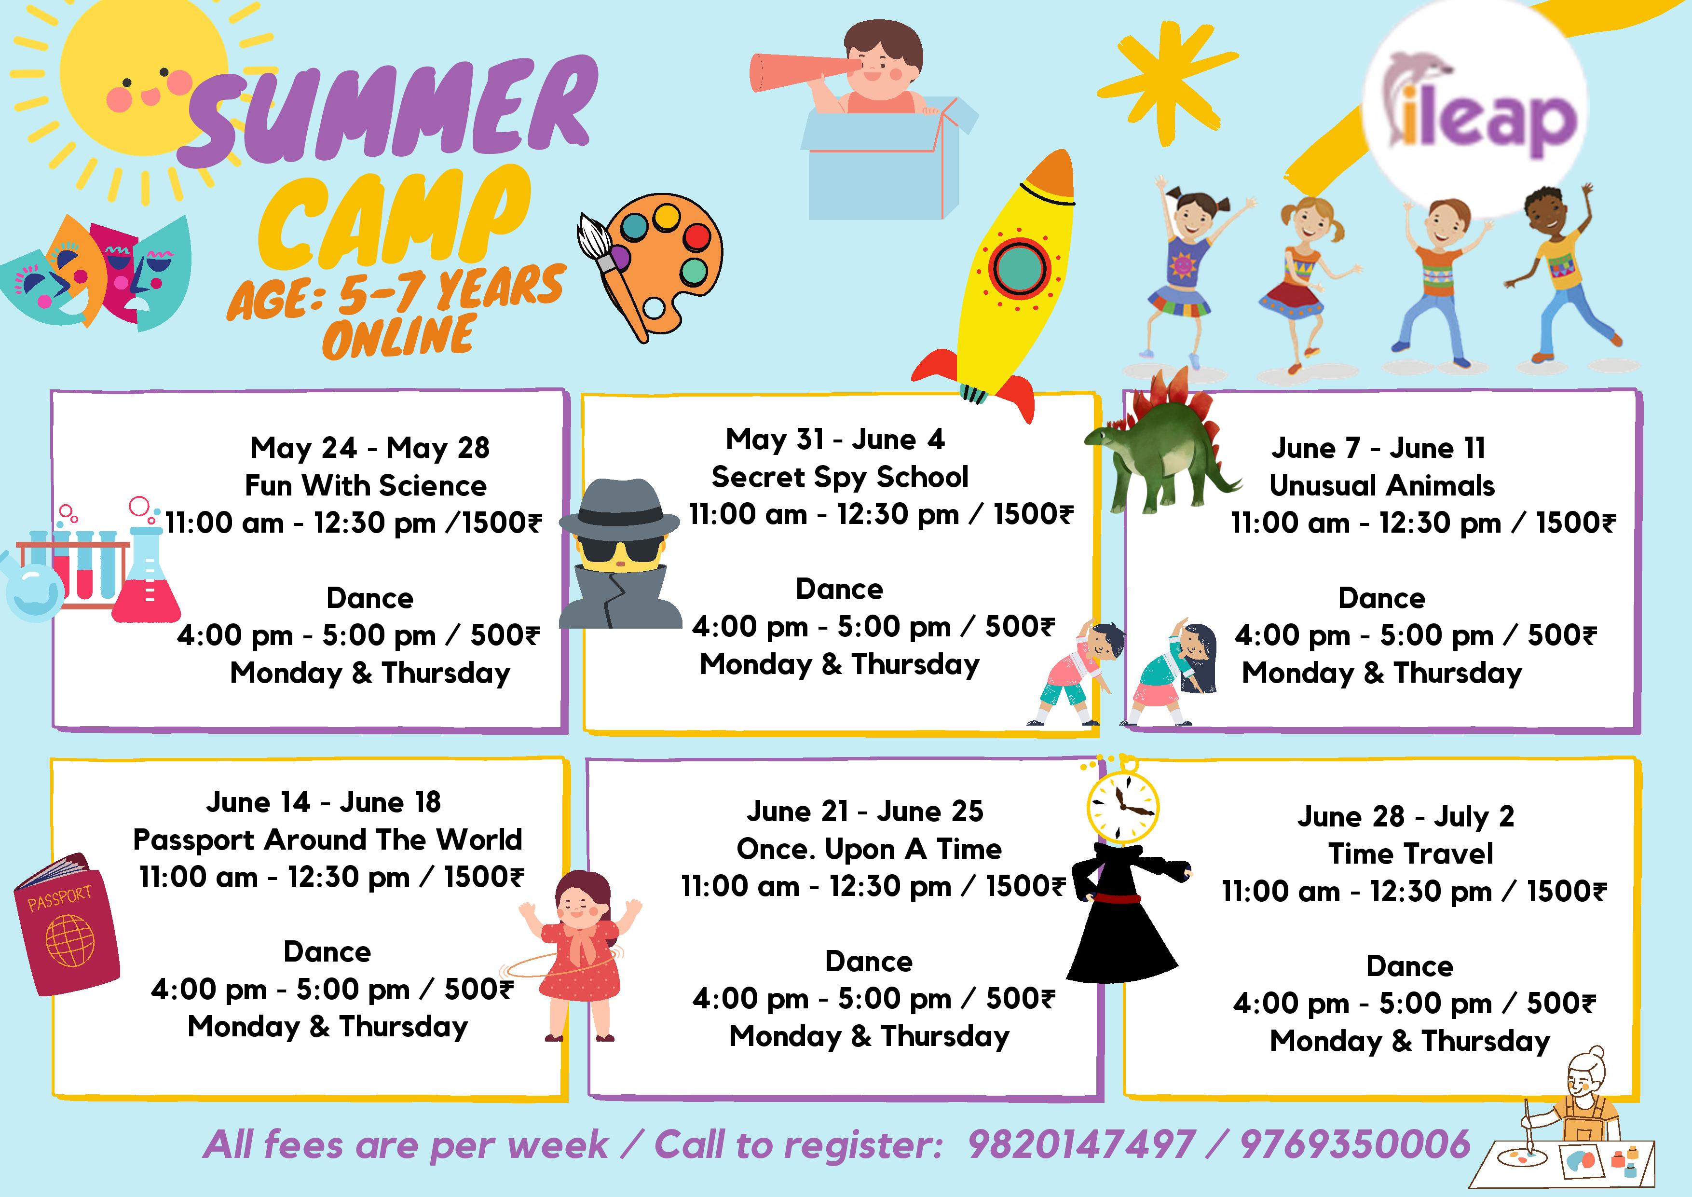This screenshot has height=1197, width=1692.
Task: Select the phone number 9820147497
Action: pos(1082,1145)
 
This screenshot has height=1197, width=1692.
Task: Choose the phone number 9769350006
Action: pos(1355,1145)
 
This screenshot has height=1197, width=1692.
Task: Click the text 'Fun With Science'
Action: pos(366,486)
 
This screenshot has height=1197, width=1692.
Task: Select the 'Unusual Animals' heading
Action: pos(1382,486)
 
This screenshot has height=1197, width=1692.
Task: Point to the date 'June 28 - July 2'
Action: pos(1406,817)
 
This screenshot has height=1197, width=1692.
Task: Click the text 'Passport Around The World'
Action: pos(327,839)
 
